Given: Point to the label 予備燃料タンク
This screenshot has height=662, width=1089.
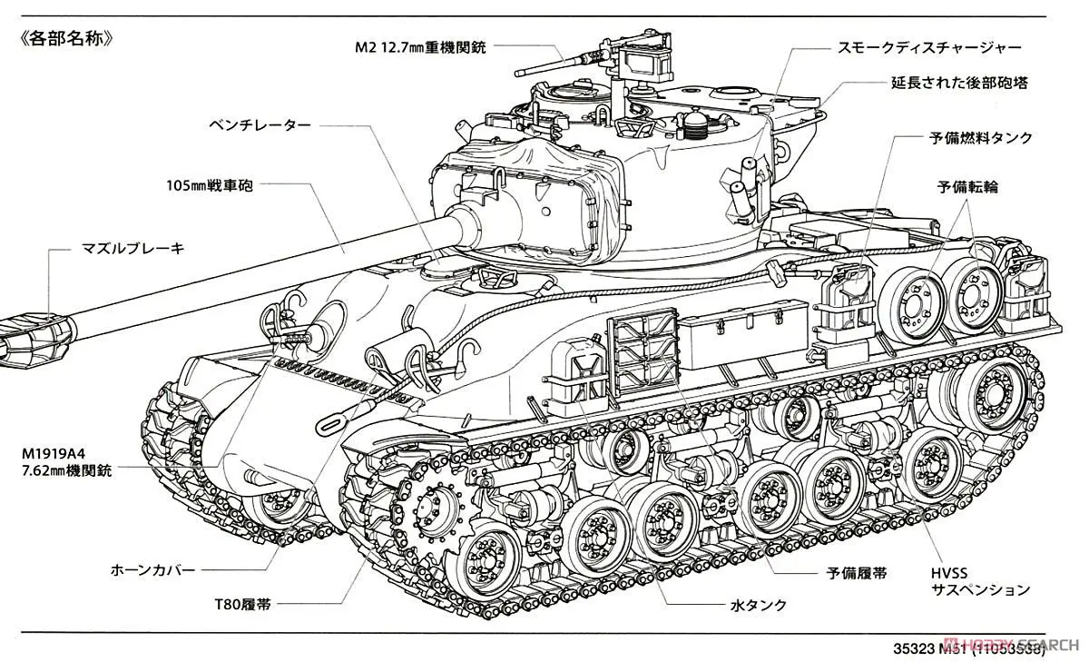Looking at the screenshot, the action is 981,138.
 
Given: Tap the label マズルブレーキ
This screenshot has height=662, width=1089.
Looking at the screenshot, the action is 132,247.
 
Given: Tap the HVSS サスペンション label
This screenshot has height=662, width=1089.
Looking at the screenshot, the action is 981,580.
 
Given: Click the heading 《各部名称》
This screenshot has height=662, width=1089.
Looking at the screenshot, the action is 64,42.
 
